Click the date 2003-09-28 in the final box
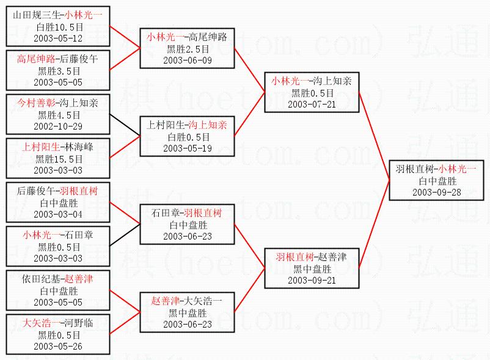click(x=436, y=192)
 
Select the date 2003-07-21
click(x=312, y=104)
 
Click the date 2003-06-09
click(x=187, y=60)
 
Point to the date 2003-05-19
click(x=187, y=148)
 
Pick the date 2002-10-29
click(x=59, y=126)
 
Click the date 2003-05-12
click(x=59, y=38)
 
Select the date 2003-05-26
click(x=59, y=346)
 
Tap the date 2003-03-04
click(x=59, y=214)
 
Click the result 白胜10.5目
click(x=59, y=27)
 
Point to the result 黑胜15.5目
click(x=59, y=159)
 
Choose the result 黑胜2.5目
click(x=187, y=49)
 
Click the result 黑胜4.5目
click(x=59, y=115)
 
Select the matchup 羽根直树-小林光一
click(x=436, y=169)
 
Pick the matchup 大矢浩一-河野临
click(x=59, y=323)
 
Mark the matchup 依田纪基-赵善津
click(x=59, y=279)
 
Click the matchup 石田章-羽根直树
click(x=187, y=213)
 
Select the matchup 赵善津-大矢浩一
click(x=187, y=301)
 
